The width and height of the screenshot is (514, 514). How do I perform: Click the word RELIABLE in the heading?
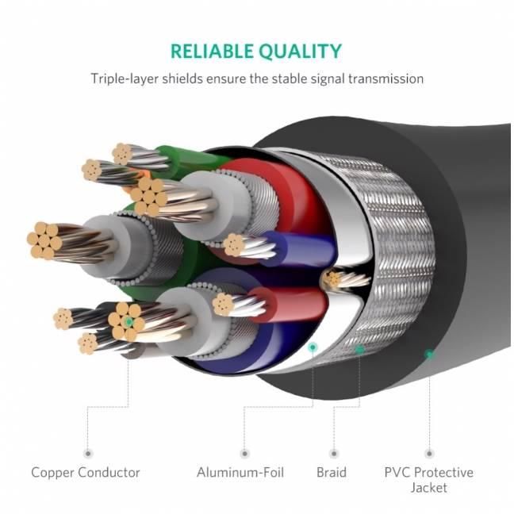[213, 52]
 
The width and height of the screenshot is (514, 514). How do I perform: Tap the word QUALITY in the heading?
[301, 52]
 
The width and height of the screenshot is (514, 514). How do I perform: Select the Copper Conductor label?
[86, 472]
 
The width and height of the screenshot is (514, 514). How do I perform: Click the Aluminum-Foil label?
[240, 472]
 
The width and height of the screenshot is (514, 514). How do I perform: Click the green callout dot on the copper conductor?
[128, 322]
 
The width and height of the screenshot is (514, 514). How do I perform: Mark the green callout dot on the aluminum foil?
[313, 347]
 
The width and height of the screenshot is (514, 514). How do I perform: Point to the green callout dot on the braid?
[359, 349]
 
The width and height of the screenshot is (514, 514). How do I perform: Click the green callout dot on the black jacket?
[429, 354]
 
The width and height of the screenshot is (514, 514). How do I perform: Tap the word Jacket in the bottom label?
[429, 487]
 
